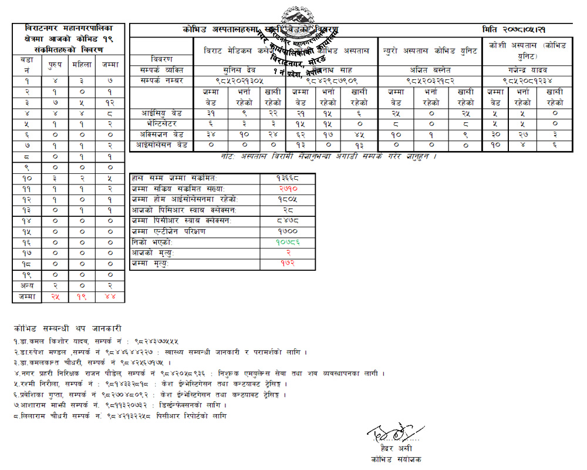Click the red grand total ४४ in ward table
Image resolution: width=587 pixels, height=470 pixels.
pos(110,296)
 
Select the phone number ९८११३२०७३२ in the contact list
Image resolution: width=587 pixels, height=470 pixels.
pos(133,405)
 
